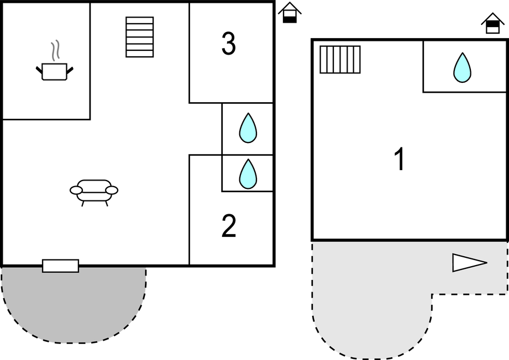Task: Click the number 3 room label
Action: pos(228,44)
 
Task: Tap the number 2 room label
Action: pos(229,226)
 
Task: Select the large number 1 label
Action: pos(399,160)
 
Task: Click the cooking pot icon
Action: pos(54,71)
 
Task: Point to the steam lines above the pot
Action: pos(54,51)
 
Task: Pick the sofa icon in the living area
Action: pos(94,191)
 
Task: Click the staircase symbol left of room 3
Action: pos(139,37)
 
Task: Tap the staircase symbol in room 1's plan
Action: pos(340,60)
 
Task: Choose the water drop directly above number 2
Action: pos(248,173)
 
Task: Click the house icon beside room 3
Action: pos(290,13)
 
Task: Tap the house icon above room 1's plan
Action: pos(492,23)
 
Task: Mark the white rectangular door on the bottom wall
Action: pos(61,266)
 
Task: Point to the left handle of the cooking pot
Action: pos(39,70)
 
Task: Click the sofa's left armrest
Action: pos(76,190)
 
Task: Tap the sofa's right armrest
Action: pos(112,190)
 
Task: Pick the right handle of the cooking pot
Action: pos(70,70)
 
